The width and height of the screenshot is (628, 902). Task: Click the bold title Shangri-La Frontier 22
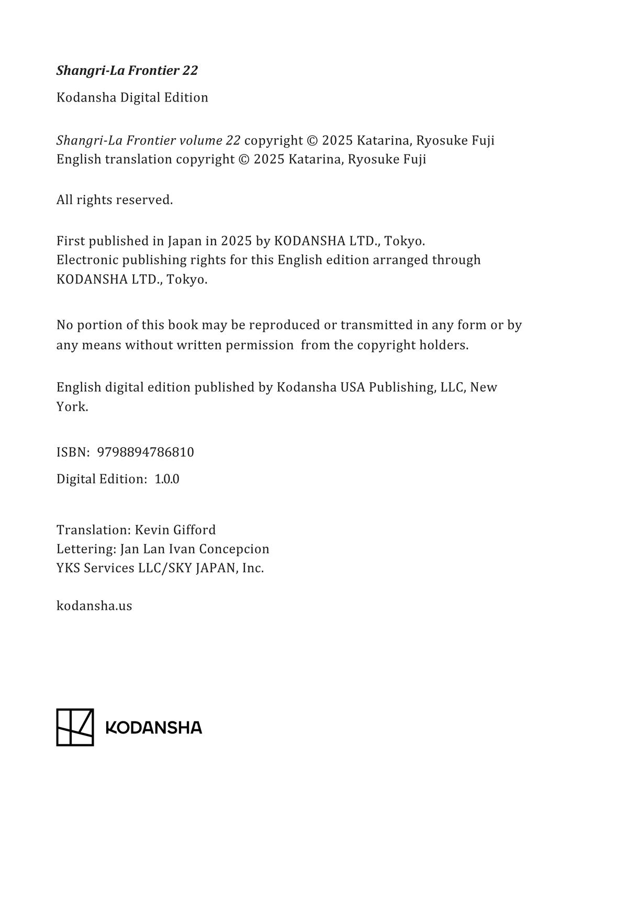(x=127, y=70)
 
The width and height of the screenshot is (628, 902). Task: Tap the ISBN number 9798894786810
(x=145, y=452)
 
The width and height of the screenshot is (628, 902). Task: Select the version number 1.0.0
(x=167, y=479)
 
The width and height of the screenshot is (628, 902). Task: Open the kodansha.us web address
(x=94, y=606)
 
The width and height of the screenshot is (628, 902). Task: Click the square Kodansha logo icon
(x=75, y=727)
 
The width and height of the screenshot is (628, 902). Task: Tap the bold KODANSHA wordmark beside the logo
(x=154, y=728)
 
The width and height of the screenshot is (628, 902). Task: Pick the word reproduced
(x=284, y=325)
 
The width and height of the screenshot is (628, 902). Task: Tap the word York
(x=72, y=407)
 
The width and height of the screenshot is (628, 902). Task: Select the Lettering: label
(x=86, y=549)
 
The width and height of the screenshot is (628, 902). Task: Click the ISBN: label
(x=73, y=452)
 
